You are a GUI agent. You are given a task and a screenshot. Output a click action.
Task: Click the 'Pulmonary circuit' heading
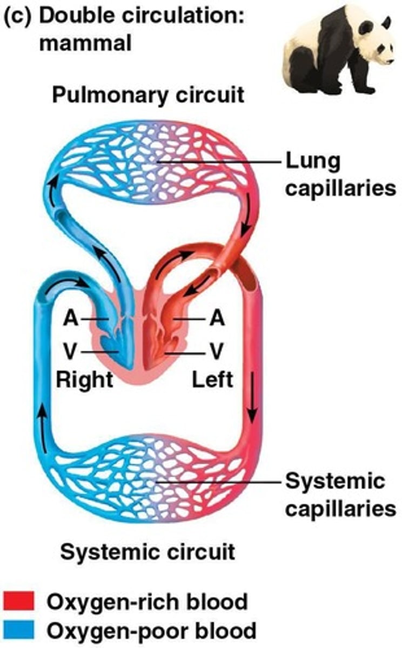coord(148,96)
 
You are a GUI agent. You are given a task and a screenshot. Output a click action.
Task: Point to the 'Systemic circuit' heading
coord(148,552)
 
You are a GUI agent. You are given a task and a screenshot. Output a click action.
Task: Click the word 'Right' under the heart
coord(85,380)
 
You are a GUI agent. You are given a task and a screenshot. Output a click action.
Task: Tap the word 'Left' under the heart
coord(213,380)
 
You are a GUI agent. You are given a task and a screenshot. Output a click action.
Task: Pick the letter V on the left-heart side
coord(217,353)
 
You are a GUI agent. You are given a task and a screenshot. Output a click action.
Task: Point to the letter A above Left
coord(217,319)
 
